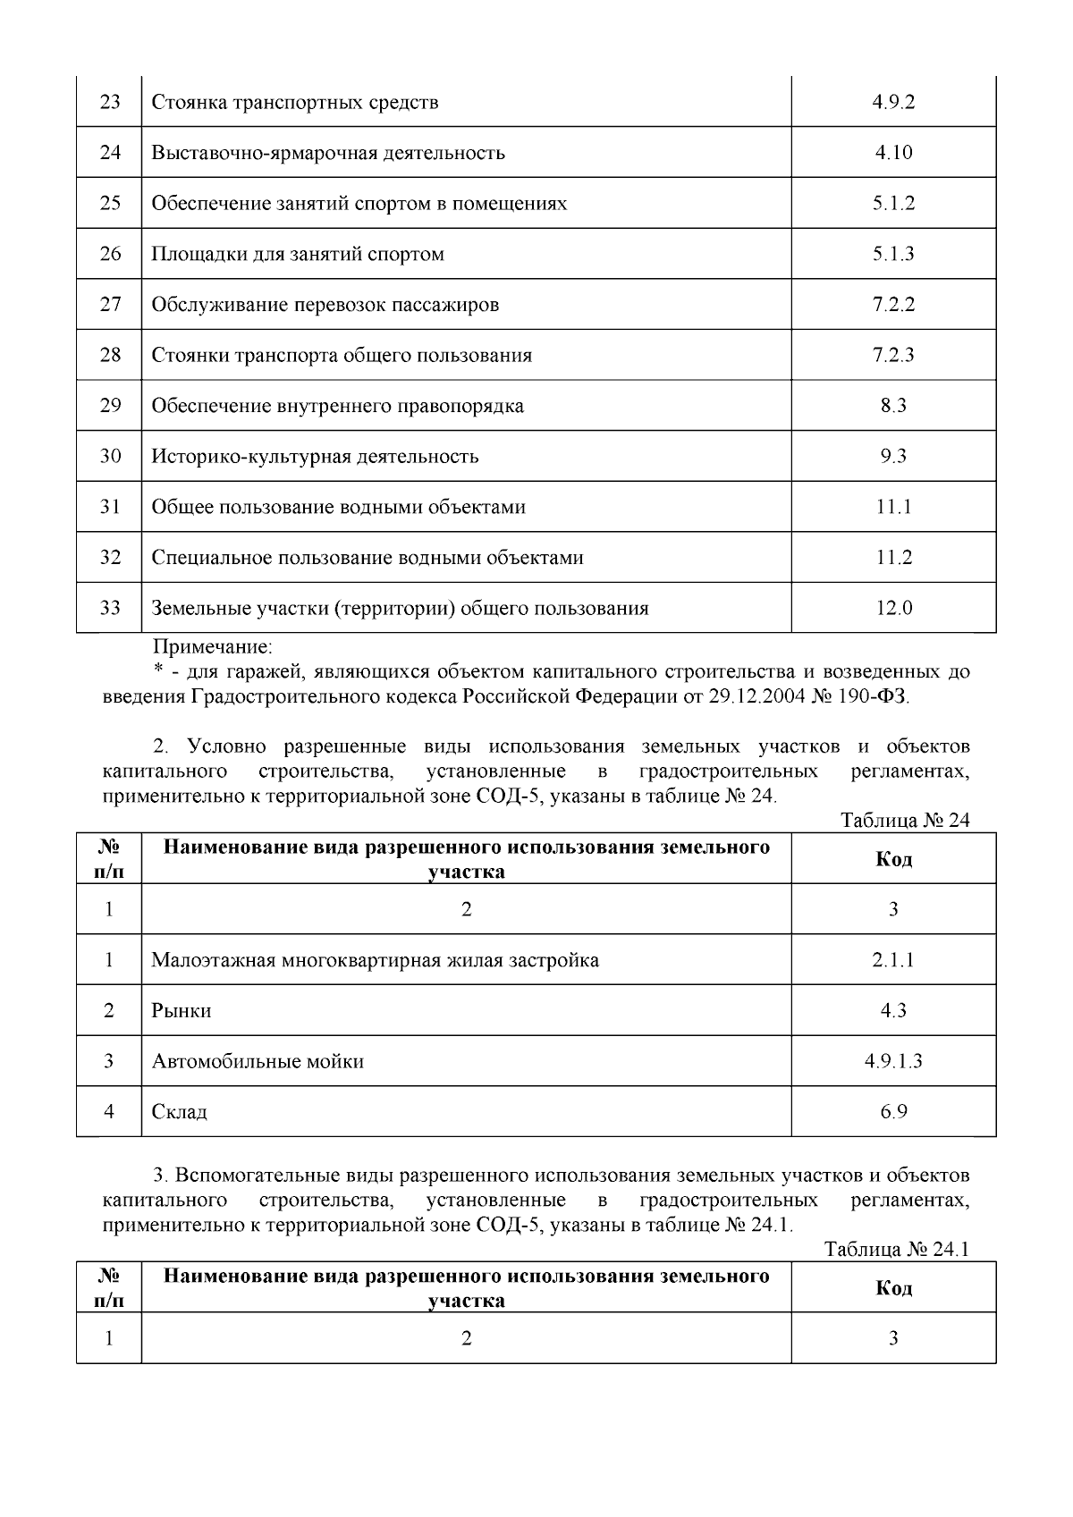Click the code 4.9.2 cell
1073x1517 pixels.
point(892,102)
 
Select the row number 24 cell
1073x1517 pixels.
point(109,153)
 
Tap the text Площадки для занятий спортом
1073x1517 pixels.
point(298,254)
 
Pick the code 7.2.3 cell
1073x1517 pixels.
point(892,355)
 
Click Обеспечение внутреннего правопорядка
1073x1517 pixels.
point(337,406)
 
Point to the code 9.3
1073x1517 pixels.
point(892,457)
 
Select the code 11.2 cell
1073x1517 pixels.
point(892,558)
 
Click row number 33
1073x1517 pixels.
point(109,608)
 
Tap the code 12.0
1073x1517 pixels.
point(892,609)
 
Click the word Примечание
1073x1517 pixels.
point(213,645)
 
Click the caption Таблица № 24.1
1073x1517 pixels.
point(897,1250)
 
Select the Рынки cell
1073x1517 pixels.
point(182,1011)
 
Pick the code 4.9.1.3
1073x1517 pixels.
point(892,1062)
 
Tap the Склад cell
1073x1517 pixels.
point(180,1112)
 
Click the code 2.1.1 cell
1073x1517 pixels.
point(892,961)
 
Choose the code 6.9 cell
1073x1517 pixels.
point(892,1112)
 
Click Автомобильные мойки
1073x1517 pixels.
point(258,1062)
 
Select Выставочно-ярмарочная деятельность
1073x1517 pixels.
point(328,153)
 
